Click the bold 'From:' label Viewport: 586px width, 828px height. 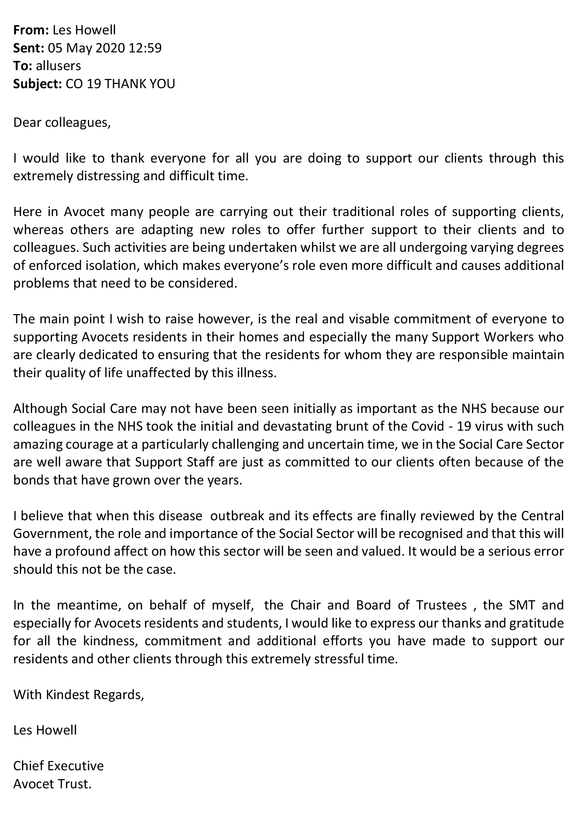coord(31,30)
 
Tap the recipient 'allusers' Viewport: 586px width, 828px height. coord(58,66)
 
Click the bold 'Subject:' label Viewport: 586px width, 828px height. coord(38,84)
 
